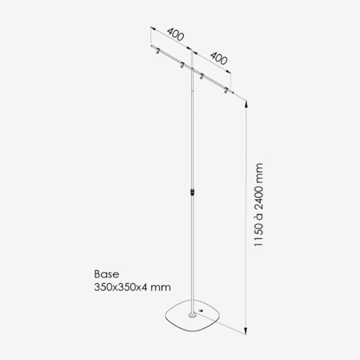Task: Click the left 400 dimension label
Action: pyautogui.click(x=175, y=34)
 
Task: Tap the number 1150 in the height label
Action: pyautogui.click(x=258, y=234)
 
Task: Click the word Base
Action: pyautogui.click(x=107, y=274)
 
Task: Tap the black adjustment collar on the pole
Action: pyautogui.click(x=193, y=192)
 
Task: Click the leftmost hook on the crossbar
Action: pyautogui.click(x=158, y=51)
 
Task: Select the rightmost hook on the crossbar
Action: pyautogui.click(x=226, y=90)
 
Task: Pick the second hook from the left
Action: pyautogui.click(x=182, y=65)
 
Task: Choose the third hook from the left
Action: pyautogui.click(x=202, y=76)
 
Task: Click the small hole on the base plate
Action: pyautogui.click(x=202, y=311)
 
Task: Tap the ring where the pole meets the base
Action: pyautogui.click(x=193, y=315)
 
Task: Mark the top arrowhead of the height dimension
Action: pyautogui.click(x=246, y=104)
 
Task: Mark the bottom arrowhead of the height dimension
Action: pyautogui.click(x=246, y=331)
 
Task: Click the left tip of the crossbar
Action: pyautogui.click(x=152, y=46)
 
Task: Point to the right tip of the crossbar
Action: pyautogui.click(x=233, y=93)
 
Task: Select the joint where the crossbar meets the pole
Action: pyautogui.click(x=193, y=69)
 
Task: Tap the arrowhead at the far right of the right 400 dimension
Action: pyautogui.click(x=228, y=72)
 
